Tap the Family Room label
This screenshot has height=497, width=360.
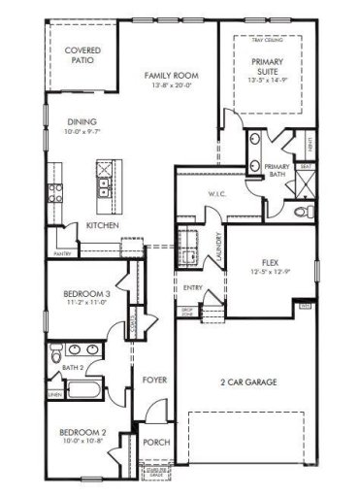coord(172,75)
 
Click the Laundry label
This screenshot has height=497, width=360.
coord(220,247)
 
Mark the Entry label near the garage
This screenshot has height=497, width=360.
coord(192,289)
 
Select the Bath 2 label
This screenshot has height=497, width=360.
coord(74,368)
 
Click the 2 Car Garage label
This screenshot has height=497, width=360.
coord(249,383)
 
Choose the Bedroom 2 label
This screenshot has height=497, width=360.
coord(82,432)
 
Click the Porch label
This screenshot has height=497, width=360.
coord(155,442)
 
